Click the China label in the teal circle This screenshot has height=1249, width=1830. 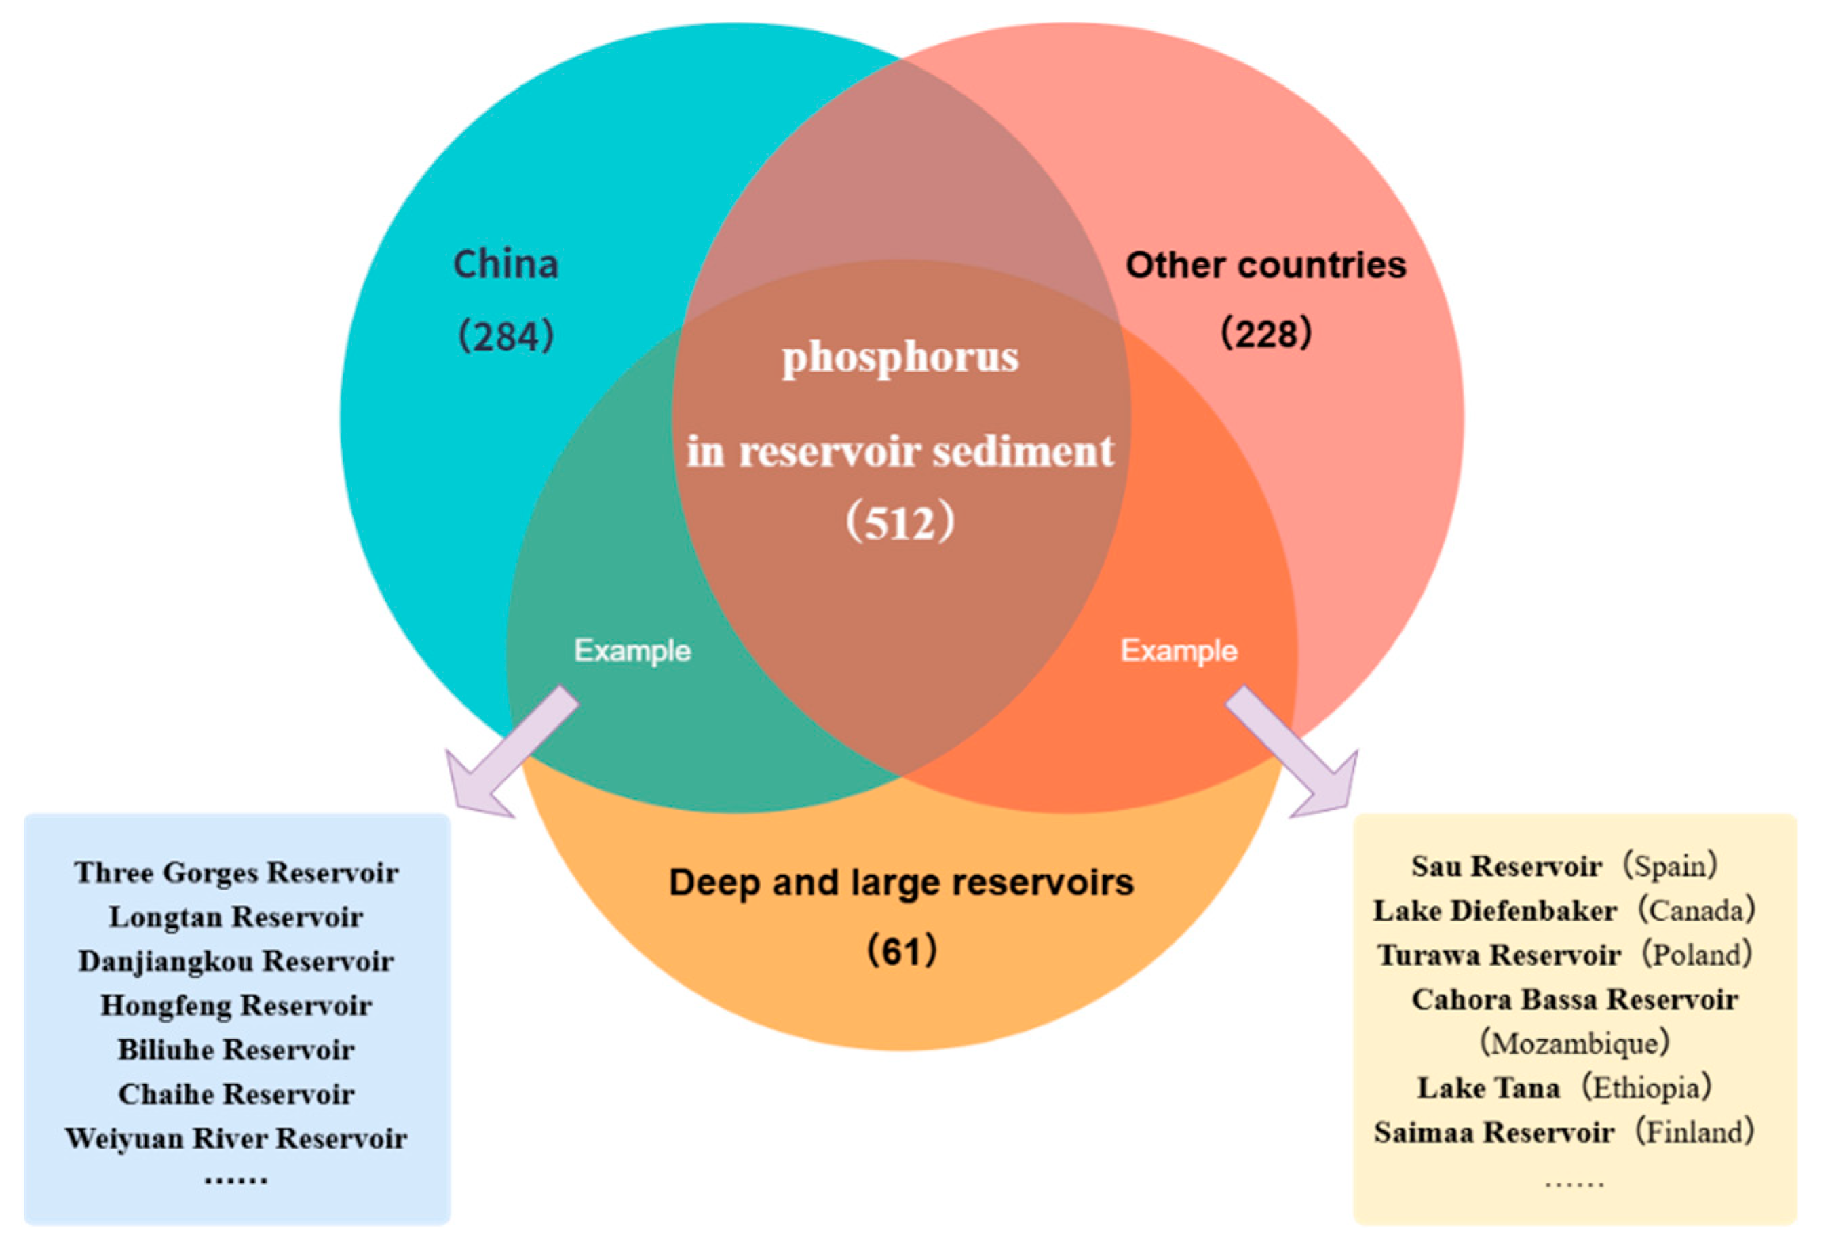click(x=506, y=264)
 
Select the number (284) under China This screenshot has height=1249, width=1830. click(x=506, y=336)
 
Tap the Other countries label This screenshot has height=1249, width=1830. click(x=1265, y=265)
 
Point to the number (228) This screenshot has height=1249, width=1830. click(x=1265, y=333)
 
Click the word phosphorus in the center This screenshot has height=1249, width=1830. click(x=900, y=357)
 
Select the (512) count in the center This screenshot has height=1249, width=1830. click(x=900, y=523)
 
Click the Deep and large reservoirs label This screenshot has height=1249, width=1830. click(x=901, y=882)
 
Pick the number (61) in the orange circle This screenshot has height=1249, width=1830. click(x=902, y=951)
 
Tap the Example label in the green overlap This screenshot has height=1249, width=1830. click(x=632, y=651)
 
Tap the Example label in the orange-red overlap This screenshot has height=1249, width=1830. click(x=1179, y=651)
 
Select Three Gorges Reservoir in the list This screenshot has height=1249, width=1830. click(x=236, y=872)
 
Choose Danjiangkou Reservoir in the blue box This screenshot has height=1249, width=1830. click(x=236, y=961)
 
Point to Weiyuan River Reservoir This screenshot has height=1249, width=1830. click(x=236, y=1138)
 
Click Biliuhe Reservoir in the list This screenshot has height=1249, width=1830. click(x=236, y=1050)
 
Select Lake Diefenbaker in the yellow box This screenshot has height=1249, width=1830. click(x=1495, y=911)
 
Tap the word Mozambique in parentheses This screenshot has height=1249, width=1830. click(x=1575, y=1044)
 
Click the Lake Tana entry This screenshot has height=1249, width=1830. click(x=1488, y=1088)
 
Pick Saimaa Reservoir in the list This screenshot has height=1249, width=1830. click(x=1493, y=1132)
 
